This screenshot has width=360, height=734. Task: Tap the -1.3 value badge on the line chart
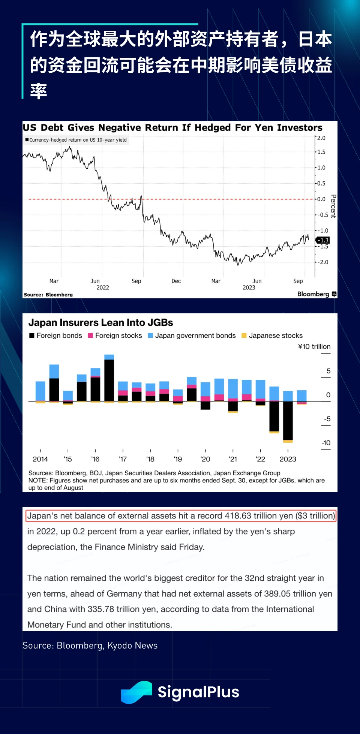pyautogui.click(x=323, y=240)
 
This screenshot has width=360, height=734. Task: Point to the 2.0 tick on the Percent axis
pyautogui.click(x=321, y=138)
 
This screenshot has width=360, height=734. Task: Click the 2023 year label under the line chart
pyautogui.click(x=249, y=288)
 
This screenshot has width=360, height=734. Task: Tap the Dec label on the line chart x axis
pyautogui.click(x=176, y=281)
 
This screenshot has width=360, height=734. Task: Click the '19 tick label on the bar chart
pyautogui.click(x=178, y=459)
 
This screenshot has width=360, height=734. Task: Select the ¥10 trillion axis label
pyautogui.click(x=314, y=347)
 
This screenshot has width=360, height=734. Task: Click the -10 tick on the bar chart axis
pyautogui.click(x=326, y=443)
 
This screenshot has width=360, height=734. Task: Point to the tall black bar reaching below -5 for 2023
pyautogui.click(x=288, y=420)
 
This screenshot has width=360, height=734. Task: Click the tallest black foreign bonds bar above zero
pyautogui.click(x=109, y=380)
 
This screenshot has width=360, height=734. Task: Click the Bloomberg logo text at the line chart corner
pyautogui.click(x=313, y=294)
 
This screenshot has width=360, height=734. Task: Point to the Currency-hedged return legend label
pyautogui.click(x=78, y=140)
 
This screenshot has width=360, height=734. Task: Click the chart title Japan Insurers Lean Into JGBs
pyautogui.click(x=100, y=323)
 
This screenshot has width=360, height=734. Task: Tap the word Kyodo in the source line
pyautogui.click(x=120, y=646)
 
